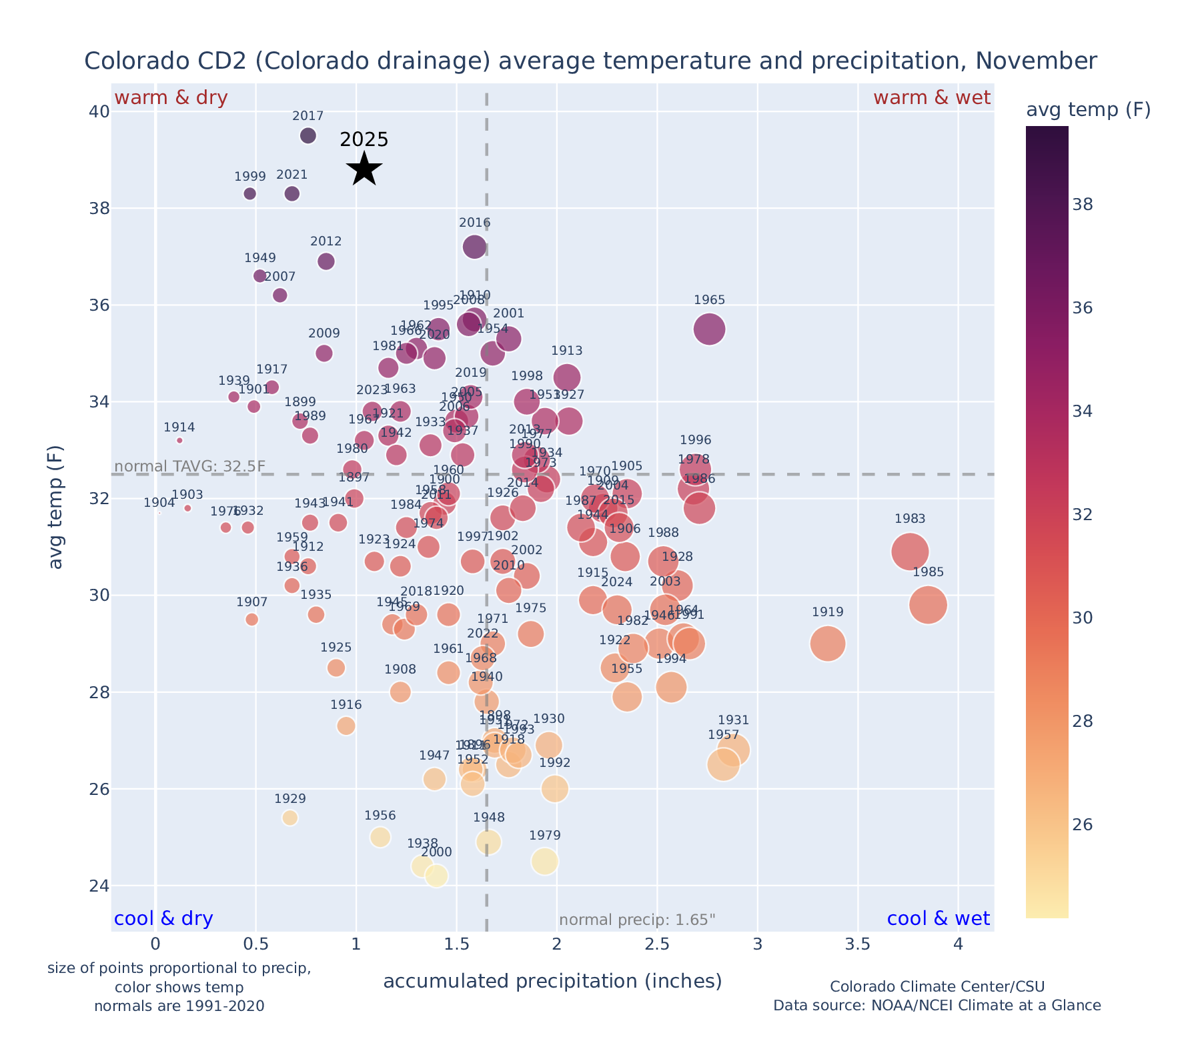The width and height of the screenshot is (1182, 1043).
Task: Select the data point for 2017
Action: [308, 136]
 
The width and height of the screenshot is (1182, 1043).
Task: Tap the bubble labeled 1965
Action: [710, 329]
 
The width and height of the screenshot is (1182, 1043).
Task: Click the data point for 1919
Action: [828, 644]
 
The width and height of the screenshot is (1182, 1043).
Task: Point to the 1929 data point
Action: [290, 818]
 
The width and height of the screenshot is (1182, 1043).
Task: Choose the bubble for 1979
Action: [545, 862]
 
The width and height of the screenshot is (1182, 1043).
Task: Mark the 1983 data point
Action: [910, 552]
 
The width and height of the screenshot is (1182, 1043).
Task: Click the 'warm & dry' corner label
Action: [171, 98]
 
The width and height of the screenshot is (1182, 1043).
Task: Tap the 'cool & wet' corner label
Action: [939, 919]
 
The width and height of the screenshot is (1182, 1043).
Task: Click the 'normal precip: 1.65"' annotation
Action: [637, 920]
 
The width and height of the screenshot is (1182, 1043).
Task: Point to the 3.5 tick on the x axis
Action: [858, 944]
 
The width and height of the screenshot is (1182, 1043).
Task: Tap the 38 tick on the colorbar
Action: [1083, 205]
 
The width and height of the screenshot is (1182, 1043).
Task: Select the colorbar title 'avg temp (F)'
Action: [1088, 110]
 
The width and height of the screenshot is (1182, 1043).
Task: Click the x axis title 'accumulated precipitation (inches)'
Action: [552, 981]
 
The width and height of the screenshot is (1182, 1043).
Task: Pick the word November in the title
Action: [1036, 61]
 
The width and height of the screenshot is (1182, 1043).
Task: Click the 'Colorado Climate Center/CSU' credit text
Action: [937, 987]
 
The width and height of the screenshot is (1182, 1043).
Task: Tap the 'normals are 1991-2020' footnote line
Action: [179, 1006]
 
